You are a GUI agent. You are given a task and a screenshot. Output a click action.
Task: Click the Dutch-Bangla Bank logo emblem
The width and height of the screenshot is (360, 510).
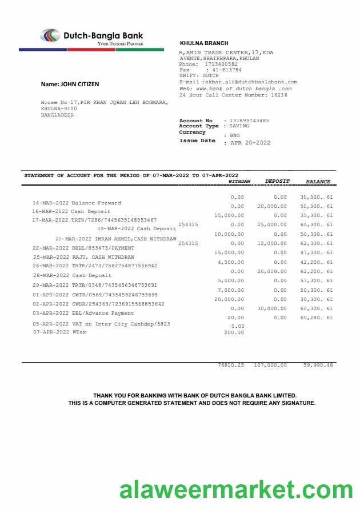coord(50,35)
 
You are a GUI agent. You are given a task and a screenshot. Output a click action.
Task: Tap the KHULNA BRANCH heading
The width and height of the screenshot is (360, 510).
coord(204,43)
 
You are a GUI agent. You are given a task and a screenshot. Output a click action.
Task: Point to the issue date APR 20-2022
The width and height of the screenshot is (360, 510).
coord(250,143)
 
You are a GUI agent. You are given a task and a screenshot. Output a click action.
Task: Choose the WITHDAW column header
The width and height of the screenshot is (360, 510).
coord(239,182)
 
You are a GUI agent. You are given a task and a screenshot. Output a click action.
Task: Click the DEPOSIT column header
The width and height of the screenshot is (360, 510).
coord(277,182)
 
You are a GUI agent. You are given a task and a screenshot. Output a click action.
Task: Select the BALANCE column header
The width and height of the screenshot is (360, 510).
coord(318,182)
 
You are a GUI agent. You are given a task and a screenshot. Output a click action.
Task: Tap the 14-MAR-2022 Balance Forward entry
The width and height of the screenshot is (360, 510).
coord(77,203)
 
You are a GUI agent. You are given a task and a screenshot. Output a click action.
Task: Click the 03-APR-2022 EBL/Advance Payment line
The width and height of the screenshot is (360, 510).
coord(83,313)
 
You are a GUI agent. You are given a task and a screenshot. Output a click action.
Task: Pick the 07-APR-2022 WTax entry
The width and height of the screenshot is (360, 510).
coord(59,332)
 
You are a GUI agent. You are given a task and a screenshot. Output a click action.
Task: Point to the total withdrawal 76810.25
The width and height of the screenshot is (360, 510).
coord(231,364)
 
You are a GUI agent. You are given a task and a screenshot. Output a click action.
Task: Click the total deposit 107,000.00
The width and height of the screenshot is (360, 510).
coord(270,364)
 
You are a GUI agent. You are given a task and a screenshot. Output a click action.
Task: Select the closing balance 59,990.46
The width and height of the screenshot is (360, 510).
coord(318,364)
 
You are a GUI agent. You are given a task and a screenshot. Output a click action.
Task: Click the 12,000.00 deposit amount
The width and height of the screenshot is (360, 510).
coord(272,243)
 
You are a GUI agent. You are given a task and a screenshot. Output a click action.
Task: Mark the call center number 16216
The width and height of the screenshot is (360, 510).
coord(279,95)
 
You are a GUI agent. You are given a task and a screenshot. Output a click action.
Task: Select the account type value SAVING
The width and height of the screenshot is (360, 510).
coord(240,126)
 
